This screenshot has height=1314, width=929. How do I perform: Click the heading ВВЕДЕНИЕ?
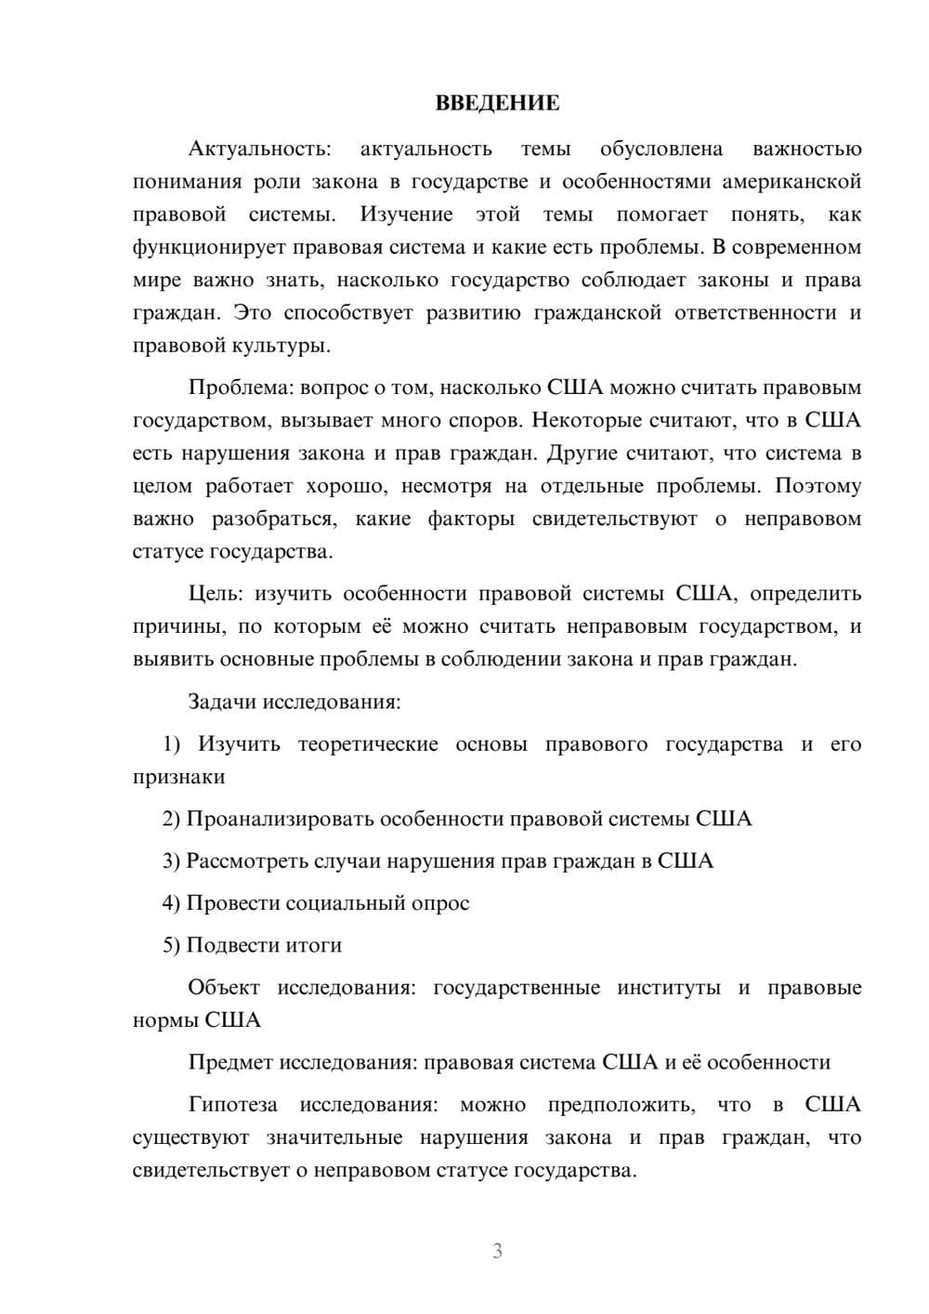point(497,103)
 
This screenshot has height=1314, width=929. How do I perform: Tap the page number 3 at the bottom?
point(497,1251)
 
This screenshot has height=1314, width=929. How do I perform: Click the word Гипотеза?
point(232,1105)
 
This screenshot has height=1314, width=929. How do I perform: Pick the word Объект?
point(224,988)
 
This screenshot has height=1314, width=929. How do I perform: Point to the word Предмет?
point(230,1062)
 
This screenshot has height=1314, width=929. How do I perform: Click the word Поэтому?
point(818,486)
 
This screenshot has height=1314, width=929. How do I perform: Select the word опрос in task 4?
point(440,903)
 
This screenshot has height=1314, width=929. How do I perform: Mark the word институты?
point(668,988)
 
